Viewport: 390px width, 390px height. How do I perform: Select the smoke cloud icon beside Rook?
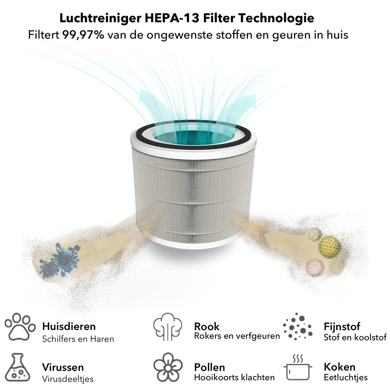(168, 327)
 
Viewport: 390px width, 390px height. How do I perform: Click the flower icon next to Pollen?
(168, 367)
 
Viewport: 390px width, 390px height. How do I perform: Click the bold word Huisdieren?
(69, 326)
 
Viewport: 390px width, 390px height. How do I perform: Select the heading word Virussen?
(63, 367)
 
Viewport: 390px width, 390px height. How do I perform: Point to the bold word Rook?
(207, 326)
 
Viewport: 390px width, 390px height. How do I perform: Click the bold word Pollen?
(209, 367)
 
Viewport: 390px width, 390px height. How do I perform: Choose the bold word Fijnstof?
(342, 326)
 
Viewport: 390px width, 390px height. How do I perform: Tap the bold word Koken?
(339, 367)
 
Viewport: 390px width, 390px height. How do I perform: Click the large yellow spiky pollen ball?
(330, 246)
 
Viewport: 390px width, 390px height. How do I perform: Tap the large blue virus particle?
(62, 257)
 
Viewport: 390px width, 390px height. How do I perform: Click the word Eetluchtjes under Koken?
(346, 378)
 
